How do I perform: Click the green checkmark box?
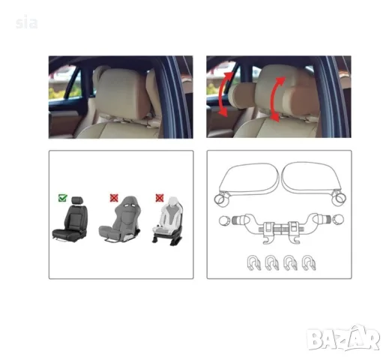62,198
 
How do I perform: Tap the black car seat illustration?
70,219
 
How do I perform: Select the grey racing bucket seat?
120,220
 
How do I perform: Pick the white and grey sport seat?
168,220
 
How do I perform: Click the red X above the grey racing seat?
114,198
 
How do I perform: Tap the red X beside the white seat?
160,198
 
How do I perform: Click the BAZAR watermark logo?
343,337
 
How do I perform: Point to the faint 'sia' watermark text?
26,23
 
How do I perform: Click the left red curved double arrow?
224,94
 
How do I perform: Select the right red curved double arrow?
275,99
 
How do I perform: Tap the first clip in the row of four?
253,263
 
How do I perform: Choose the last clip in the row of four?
309,263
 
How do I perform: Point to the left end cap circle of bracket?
224,220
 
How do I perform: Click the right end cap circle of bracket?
338,220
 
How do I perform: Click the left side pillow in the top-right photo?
242,96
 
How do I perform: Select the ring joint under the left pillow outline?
221,199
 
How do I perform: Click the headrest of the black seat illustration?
77,200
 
